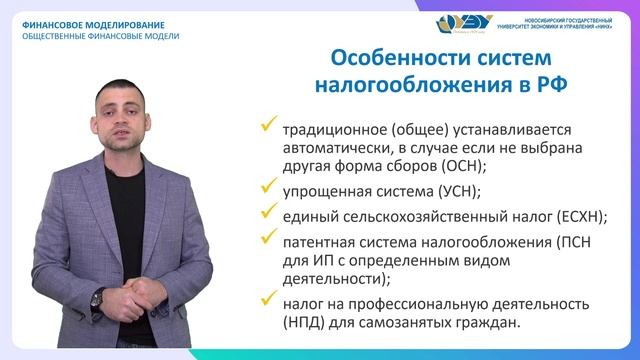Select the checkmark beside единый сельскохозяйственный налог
coord(267,213)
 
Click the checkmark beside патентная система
coord(267,238)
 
